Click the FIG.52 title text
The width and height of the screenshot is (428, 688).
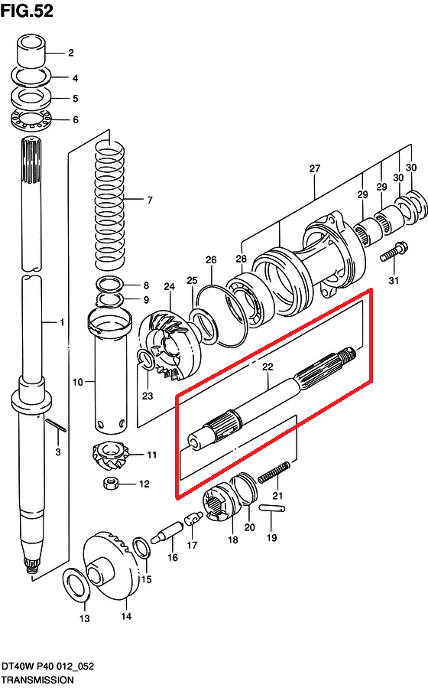pos(28,11)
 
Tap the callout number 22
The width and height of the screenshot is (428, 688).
pos(267,367)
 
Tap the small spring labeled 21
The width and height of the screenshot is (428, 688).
pos(274,472)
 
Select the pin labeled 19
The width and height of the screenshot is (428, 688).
pos(272,508)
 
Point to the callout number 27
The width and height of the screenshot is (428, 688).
pos(315,168)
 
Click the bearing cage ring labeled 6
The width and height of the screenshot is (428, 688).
pos(31,120)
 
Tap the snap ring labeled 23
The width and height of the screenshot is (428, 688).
pos(146,357)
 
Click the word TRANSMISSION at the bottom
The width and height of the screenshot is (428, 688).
pos(37,680)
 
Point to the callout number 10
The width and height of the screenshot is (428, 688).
pos(77,382)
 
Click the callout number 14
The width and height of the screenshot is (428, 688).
pos(126,616)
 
